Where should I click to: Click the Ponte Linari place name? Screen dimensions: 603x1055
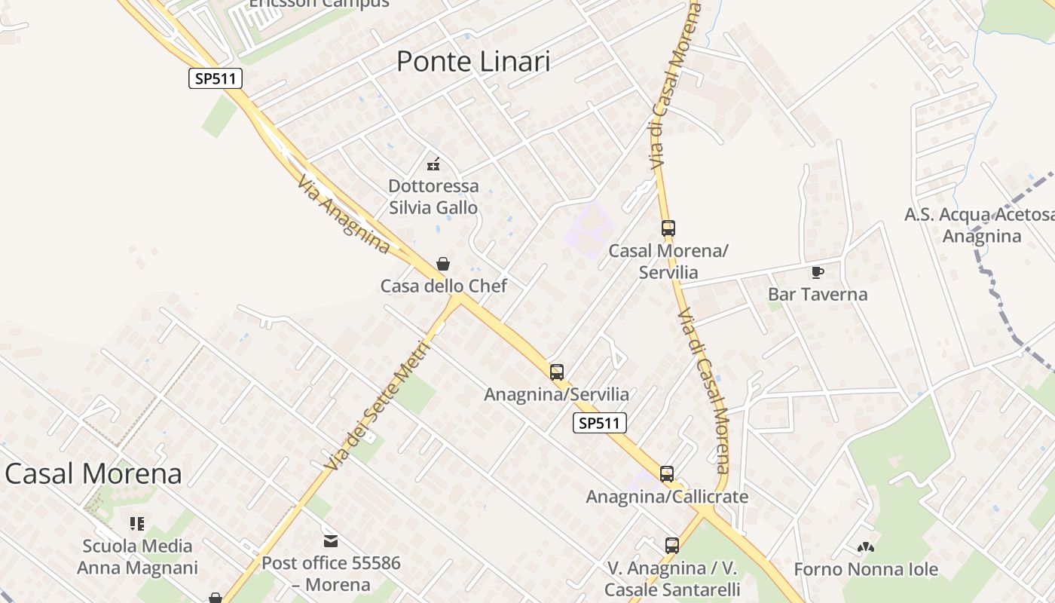(x=473, y=62)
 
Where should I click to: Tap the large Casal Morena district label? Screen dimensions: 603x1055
(x=93, y=473)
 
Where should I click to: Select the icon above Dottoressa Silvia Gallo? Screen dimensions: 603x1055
(x=433, y=164)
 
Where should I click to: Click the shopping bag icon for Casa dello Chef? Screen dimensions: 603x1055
(x=443, y=264)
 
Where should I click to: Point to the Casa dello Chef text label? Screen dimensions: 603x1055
(x=443, y=286)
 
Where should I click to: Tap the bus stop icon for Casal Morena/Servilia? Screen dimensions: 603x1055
(x=668, y=228)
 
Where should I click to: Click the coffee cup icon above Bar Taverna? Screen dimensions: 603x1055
(x=818, y=272)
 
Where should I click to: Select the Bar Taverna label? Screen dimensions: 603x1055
(x=818, y=295)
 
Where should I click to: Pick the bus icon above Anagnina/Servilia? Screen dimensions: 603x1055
(x=557, y=372)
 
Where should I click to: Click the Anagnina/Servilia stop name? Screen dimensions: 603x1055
(x=556, y=394)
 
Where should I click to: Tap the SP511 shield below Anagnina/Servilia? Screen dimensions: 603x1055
(x=600, y=423)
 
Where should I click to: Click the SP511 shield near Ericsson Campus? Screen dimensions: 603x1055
(x=216, y=78)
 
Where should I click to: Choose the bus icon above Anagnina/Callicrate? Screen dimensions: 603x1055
(x=667, y=474)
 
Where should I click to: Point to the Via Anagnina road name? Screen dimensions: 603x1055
(x=344, y=215)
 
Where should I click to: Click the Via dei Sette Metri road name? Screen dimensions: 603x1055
(x=377, y=407)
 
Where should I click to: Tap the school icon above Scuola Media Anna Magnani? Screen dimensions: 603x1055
(x=137, y=523)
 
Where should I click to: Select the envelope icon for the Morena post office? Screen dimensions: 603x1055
(x=331, y=540)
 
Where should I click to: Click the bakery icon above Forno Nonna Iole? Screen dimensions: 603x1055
(x=866, y=547)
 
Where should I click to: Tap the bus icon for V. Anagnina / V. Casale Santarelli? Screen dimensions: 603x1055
(x=672, y=546)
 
